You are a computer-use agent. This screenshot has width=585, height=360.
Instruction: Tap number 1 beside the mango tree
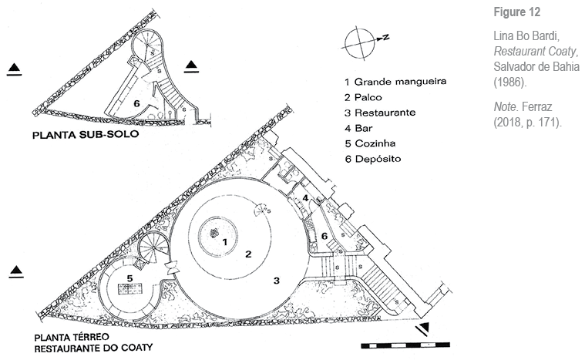224,242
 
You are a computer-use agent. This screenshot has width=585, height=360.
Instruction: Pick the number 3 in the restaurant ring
276,280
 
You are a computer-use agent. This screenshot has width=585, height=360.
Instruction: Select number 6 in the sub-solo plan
136,103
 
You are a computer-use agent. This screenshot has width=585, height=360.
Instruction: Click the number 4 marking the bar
306,198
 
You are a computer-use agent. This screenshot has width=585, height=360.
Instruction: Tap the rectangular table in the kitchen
128,292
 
